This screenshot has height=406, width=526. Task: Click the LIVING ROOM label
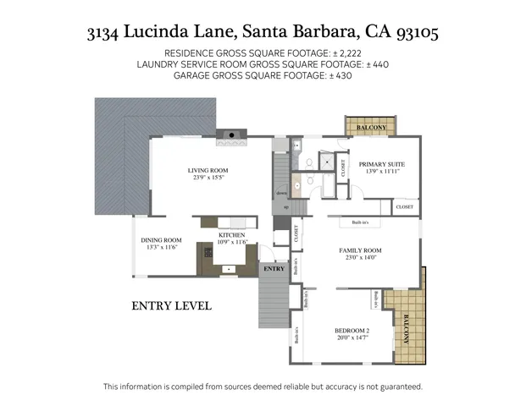208,170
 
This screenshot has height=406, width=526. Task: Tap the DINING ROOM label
161,239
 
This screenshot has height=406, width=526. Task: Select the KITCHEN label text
231,234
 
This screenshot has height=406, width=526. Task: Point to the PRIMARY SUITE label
381,163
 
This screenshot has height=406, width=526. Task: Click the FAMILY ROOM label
361,250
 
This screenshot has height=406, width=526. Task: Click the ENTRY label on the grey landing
274,268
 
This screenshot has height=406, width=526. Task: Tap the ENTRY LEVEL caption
171,305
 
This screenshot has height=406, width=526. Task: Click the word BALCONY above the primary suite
370,128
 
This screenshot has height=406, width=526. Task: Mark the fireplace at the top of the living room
231,134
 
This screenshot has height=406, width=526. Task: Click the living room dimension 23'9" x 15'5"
208,178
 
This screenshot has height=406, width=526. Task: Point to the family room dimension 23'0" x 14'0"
361,259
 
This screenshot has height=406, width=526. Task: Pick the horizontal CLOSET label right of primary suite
405,206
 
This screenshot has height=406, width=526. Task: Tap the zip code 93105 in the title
413,34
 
